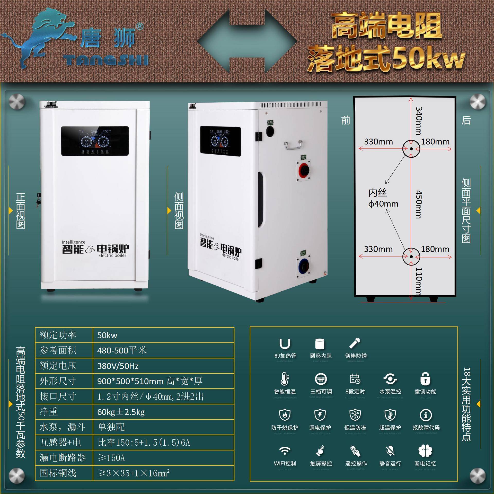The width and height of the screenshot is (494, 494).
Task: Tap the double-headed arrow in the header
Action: (247, 41)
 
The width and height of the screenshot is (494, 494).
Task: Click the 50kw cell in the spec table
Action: (107, 335)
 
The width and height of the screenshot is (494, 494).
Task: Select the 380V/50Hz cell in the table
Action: (118, 366)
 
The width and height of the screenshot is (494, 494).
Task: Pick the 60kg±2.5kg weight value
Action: (121, 412)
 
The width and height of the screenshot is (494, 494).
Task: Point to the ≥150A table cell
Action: (111, 458)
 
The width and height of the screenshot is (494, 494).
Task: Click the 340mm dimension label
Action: (419, 121)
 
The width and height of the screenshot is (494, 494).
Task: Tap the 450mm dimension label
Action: (419, 204)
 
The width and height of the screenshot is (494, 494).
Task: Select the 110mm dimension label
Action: (419, 281)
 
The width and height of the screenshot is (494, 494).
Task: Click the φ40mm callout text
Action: (383, 204)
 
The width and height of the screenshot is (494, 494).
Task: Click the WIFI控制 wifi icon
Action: (285, 451)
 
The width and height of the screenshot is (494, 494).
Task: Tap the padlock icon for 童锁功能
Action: (425, 379)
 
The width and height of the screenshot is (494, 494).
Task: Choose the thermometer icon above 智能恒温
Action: (285, 379)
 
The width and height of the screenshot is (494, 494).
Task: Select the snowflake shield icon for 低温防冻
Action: (355, 414)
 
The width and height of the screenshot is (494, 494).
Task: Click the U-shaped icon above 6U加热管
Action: (285, 344)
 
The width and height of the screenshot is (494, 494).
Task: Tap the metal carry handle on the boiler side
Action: (293, 145)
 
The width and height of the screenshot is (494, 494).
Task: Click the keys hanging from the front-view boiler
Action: (38, 201)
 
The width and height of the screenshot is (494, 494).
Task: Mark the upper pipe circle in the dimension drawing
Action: (411, 149)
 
